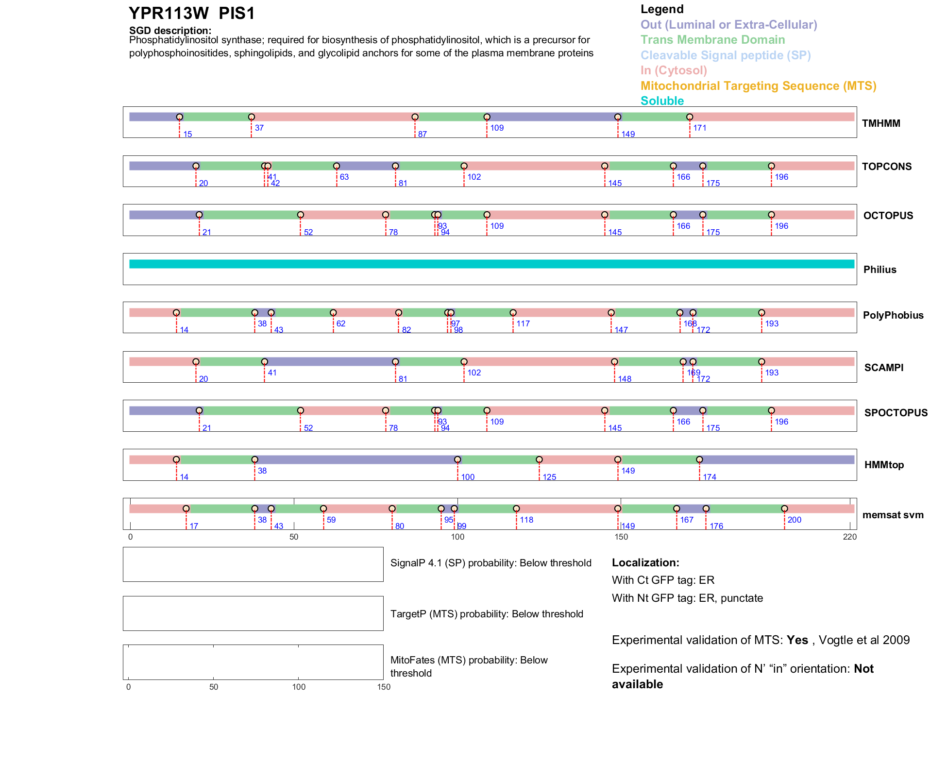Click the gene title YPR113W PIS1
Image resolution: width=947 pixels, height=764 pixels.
(x=191, y=14)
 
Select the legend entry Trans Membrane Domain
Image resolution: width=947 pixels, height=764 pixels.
(x=712, y=40)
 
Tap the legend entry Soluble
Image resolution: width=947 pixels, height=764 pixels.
(x=662, y=101)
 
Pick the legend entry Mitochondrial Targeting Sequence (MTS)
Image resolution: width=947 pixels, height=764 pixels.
(x=758, y=86)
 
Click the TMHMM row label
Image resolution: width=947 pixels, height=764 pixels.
(x=880, y=123)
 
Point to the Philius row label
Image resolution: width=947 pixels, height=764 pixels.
(x=879, y=270)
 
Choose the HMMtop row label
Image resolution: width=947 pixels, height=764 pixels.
(x=884, y=465)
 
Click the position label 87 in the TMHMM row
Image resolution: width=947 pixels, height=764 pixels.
(x=423, y=134)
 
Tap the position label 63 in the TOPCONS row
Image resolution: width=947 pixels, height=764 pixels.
(x=344, y=177)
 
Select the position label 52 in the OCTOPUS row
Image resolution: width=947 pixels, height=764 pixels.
(x=308, y=232)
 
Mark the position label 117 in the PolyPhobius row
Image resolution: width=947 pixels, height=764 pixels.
(x=523, y=323)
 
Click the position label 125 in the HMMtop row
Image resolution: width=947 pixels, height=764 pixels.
(x=549, y=477)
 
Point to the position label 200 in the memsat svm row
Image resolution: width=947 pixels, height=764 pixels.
(x=795, y=520)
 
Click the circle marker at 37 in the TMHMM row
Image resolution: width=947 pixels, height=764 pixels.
(x=252, y=117)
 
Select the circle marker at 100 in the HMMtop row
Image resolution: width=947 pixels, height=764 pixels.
(x=457, y=459)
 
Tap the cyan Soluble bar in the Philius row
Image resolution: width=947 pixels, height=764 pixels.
(x=491, y=264)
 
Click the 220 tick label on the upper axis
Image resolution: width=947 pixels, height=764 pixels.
(x=850, y=537)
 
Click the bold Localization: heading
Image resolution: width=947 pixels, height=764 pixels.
(x=645, y=562)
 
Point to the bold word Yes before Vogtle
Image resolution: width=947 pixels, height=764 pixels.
(x=797, y=640)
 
